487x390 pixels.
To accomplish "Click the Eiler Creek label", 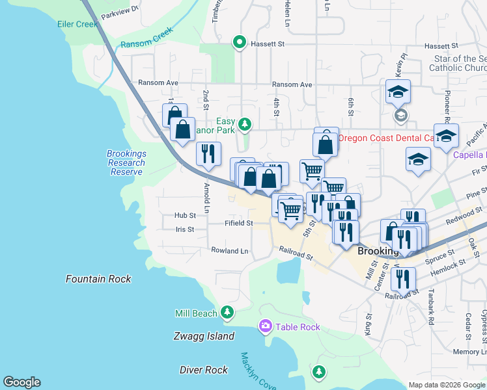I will click(x=77, y=24).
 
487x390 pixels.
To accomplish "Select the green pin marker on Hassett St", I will click(x=239, y=44).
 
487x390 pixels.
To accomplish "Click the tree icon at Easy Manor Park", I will click(x=244, y=123).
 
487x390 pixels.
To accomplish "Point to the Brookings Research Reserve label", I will click(x=126, y=162).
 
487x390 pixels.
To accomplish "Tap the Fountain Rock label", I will click(x=98, y=279).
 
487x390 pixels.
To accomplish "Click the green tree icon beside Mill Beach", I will click(x=227, y=313).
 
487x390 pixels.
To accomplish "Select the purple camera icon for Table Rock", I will click(x=265, y=326).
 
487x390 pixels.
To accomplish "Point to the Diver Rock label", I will click(x=204, y=369).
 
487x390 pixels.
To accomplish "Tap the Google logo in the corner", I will click(x=21, y=382).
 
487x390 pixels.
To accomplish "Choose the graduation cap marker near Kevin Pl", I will click(x=398, y=92).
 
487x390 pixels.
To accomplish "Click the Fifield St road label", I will click(x=238, y=223).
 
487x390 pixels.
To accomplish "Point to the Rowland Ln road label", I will click(x=229, y=250).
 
